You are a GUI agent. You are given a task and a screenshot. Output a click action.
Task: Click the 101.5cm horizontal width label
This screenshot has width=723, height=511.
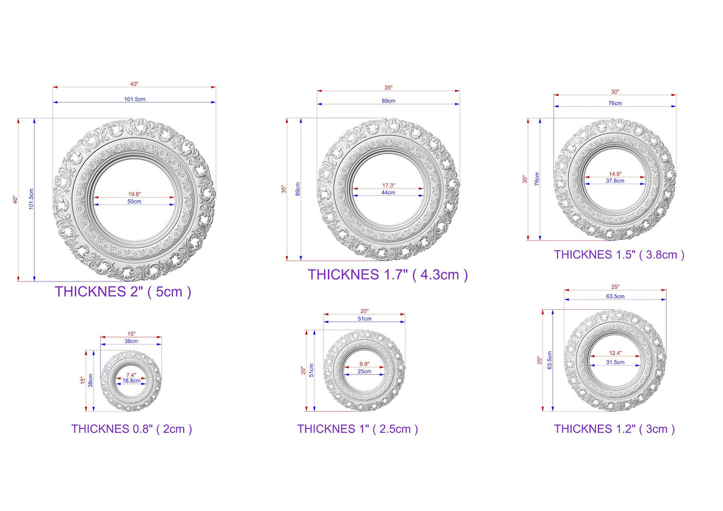pyautogui.click(x=134, y=99)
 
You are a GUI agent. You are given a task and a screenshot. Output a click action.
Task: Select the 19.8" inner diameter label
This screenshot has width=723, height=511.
pyautogui.click(x=134, y=194)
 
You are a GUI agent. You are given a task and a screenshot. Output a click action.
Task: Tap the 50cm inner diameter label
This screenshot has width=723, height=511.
pyautogui.click(x=134, y=201)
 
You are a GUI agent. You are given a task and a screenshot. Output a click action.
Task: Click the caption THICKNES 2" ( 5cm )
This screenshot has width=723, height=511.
pyautogui.click(x=123, y=292)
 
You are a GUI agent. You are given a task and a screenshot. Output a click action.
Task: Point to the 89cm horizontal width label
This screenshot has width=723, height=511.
pyautogui.click(x=388, y=101)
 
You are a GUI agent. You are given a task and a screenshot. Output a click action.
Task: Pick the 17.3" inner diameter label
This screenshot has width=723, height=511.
pyautogui.click(x=388, y=185)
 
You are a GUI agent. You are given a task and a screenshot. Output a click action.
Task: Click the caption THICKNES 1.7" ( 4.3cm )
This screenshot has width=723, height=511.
pyautogui.click(x=387, y=275)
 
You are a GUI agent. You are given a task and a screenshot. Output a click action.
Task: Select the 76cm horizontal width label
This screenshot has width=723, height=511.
pyautogui.click(x=615, y=103)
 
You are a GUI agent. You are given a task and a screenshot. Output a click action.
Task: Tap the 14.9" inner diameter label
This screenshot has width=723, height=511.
pyautogui.click(x=615, y=174)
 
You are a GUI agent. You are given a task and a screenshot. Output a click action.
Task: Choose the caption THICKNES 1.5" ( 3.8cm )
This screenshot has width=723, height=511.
pyautogui.click(x=619, y=255)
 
